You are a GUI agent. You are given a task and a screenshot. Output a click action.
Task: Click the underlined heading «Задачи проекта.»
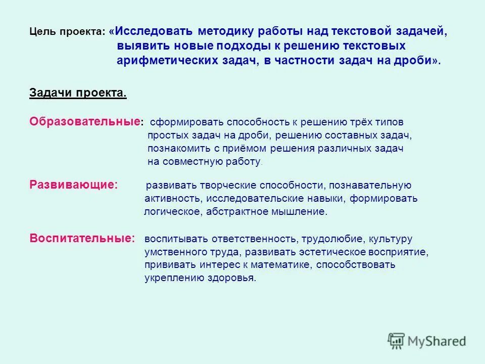[78, 94]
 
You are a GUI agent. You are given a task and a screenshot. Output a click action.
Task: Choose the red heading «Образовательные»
[84, 122]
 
